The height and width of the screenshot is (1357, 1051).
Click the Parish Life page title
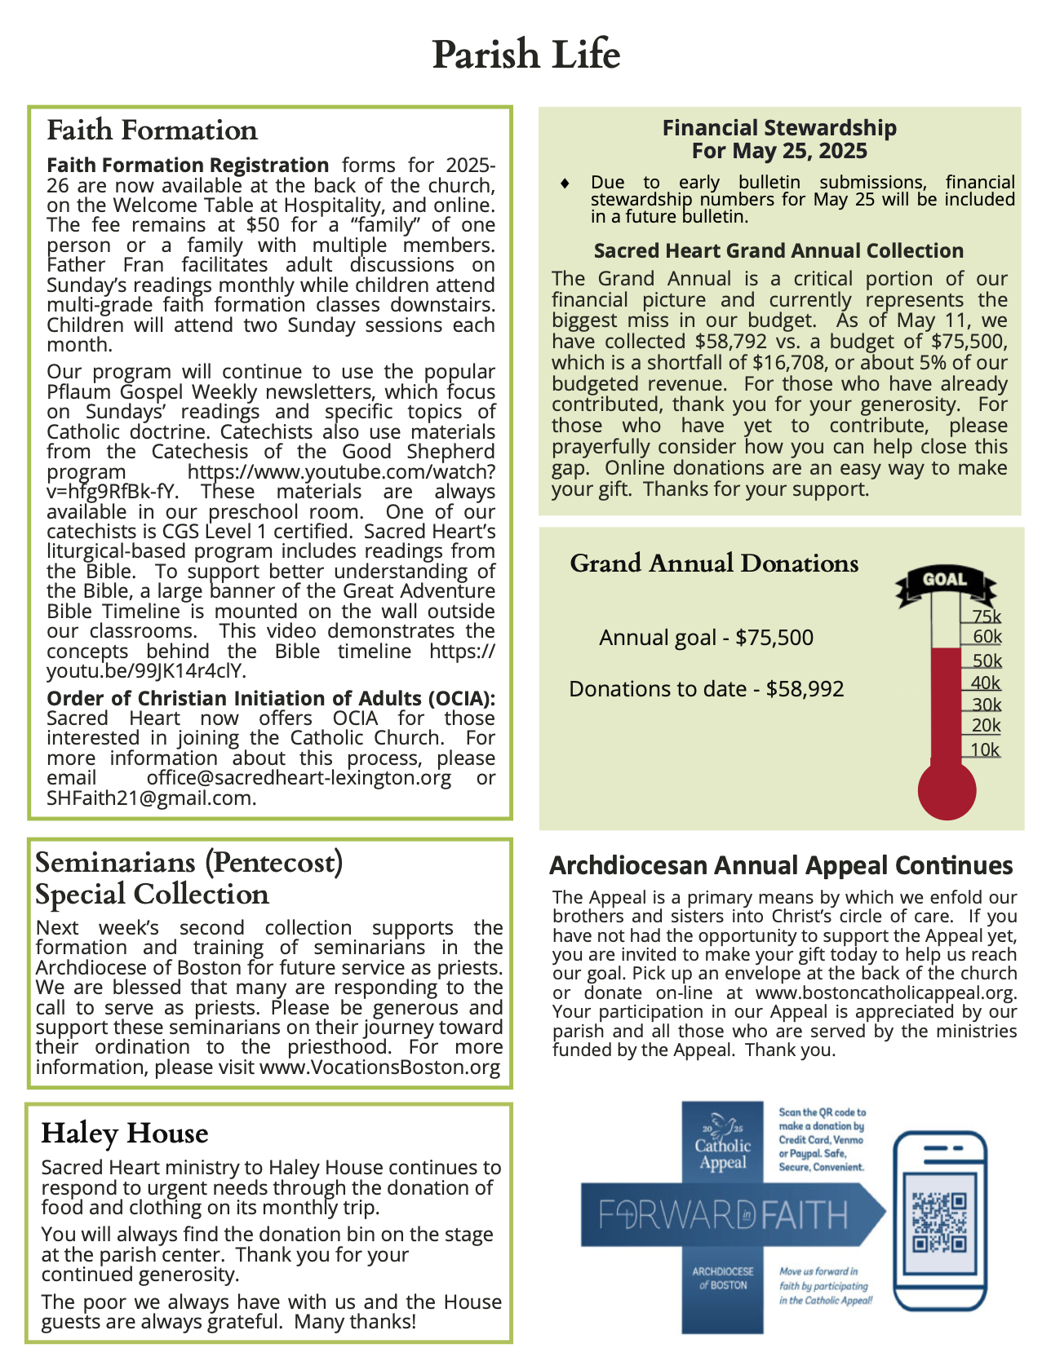[x=525, y=55]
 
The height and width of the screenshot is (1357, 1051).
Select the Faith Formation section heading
[x=152, y=130]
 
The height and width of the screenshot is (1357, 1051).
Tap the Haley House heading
[x=125, y=1133]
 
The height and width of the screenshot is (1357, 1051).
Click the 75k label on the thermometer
[x=986, y=617]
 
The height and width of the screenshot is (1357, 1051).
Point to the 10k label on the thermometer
[x=985, y=750]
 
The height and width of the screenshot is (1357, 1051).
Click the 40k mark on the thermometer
[x=986, y=683]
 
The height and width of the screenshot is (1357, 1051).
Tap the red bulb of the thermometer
[x=947, y=789]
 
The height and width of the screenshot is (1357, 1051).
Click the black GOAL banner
[x=945, y=580]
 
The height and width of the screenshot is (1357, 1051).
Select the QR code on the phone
[x=939, y=1222]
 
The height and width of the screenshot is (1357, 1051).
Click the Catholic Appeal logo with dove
[x=723, y=1142]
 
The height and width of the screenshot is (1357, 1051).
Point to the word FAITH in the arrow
[x=806, y=1215]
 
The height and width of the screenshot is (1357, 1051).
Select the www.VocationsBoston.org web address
[x=379, y=1067]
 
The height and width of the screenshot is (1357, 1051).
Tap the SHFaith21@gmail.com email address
[x=150, y=798]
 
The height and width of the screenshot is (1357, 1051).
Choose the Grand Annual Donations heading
[x=714, y=564]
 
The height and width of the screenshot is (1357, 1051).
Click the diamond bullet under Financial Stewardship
[x=565, y=183]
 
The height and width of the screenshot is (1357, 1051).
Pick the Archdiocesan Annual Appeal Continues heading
[x=781, y=865]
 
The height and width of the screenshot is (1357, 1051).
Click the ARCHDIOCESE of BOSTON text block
[x=723, y=1278]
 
